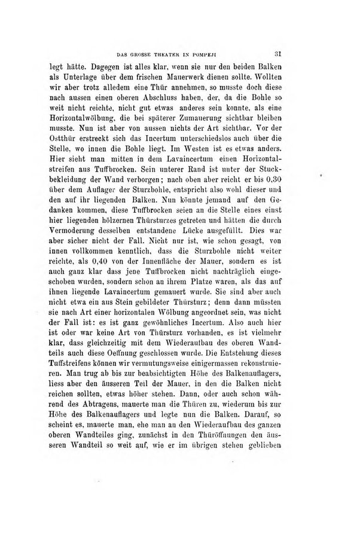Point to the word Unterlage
coord(84,78)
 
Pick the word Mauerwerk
coord(190,78)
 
